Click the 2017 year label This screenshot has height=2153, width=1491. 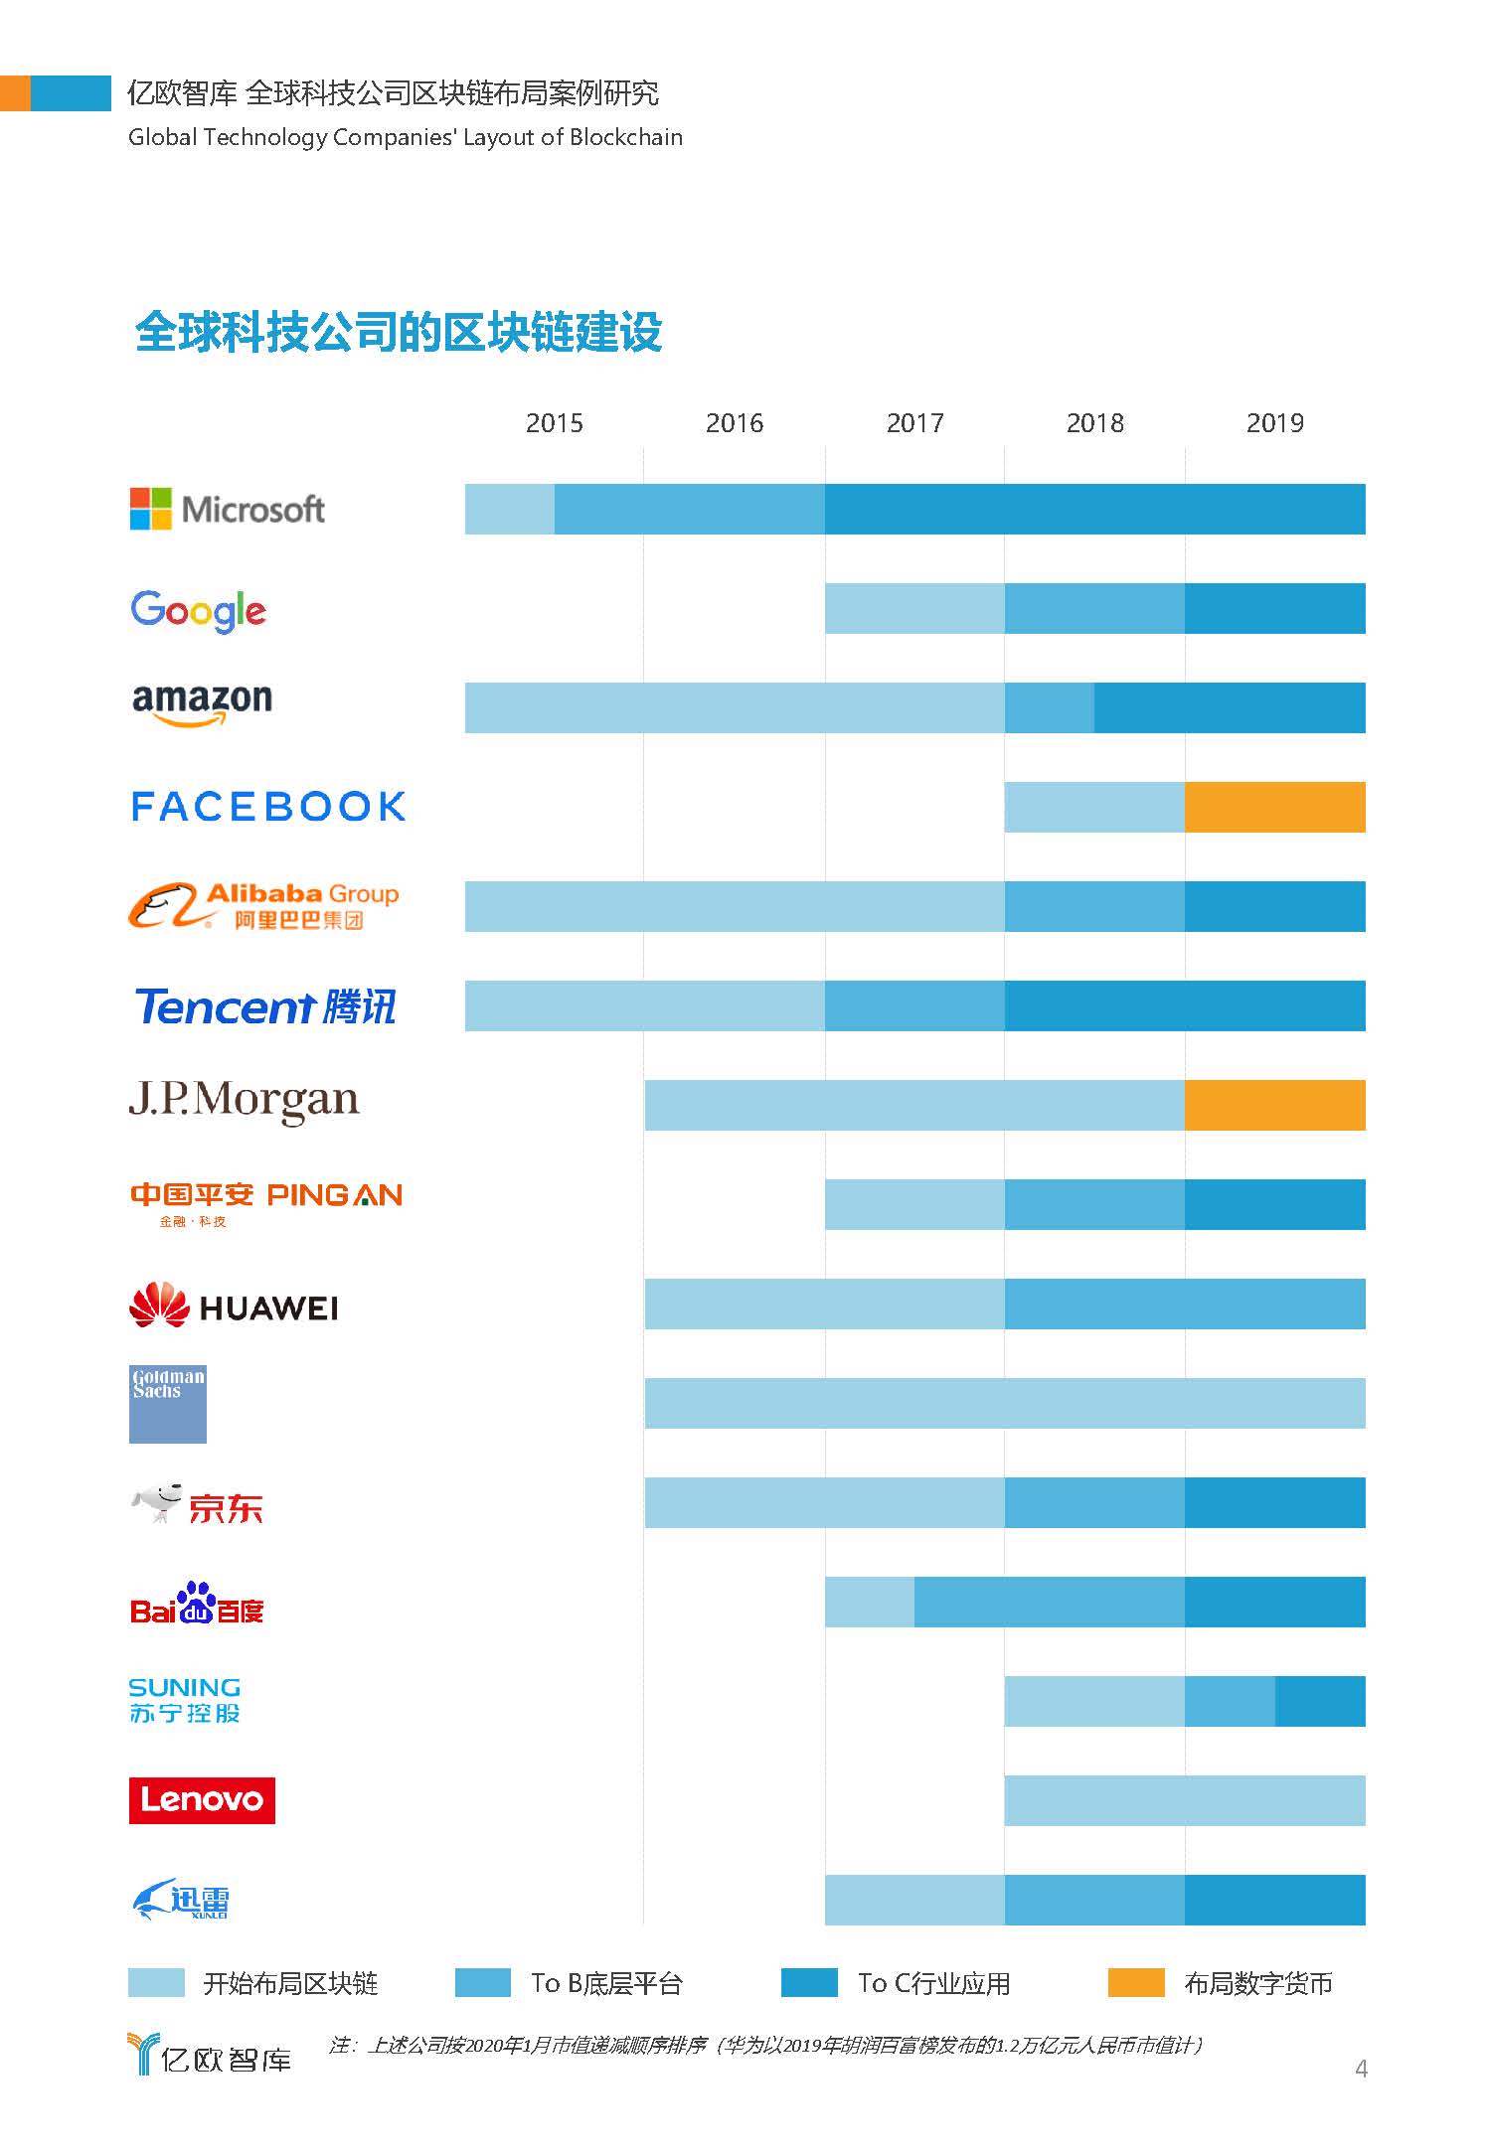coord(914,423)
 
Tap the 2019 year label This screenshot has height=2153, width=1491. coord(1274,423)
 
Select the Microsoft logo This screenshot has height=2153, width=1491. coord(228,509)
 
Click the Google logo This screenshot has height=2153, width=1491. coord(199,610)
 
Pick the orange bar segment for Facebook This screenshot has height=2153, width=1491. coord(1274,807)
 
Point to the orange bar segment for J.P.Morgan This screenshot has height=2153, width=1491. coord(1274,1105)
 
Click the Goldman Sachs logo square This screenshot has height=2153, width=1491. coord(168,1403)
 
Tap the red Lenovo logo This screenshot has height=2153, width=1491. coord(202,1800)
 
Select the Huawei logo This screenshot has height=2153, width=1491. coord(234,1306)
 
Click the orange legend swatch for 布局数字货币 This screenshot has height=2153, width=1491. coord(1135,1982)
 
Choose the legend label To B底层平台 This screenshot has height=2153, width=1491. coord(606,1983)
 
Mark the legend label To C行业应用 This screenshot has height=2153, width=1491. coord(934,1983)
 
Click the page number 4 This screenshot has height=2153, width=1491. coord(1361,2069)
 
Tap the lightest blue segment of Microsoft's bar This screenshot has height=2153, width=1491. coord(509,509)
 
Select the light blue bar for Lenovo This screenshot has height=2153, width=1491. coord(1185,1800)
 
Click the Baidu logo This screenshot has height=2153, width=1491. coord(197,1604)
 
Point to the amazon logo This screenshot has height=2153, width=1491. coord(202,703)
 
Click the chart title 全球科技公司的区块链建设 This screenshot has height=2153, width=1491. coord(399,332)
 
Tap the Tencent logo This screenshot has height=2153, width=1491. coord(265,1006)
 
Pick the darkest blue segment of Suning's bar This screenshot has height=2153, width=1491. coord(1320,1701)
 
